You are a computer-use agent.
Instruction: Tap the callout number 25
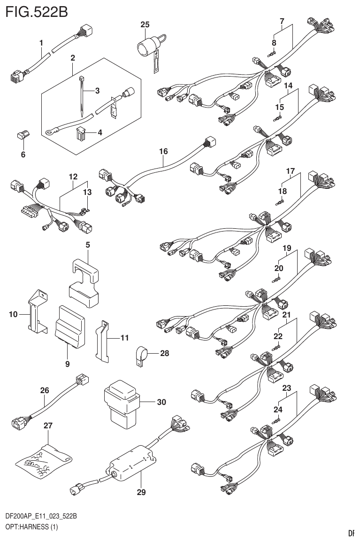click(145, 24)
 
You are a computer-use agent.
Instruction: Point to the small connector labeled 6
click(22, 136)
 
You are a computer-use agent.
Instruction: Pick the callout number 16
click(163, 152)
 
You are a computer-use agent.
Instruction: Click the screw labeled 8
click(272, 54)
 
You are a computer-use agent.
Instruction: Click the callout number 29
click(141, 492)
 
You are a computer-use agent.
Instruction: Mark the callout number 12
click(73, 177)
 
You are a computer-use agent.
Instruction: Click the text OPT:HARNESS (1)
click(31, 527)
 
